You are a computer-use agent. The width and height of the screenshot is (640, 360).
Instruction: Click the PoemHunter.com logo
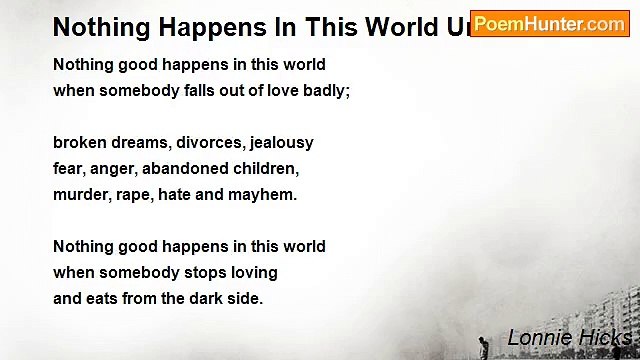coord(549,24)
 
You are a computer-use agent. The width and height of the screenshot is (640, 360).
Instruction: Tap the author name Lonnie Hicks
coord(568,337)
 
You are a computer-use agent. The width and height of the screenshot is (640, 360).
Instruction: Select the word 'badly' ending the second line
coord(323,91)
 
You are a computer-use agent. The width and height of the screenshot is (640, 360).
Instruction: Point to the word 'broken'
coord(79,143)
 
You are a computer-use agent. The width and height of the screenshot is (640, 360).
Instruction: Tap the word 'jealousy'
coord(280,143)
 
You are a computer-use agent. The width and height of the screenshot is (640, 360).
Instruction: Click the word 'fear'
coord(69,169)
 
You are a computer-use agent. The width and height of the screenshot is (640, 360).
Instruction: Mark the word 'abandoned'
coord(185,169)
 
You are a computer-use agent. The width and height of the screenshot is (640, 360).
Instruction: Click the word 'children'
coord(264,169)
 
